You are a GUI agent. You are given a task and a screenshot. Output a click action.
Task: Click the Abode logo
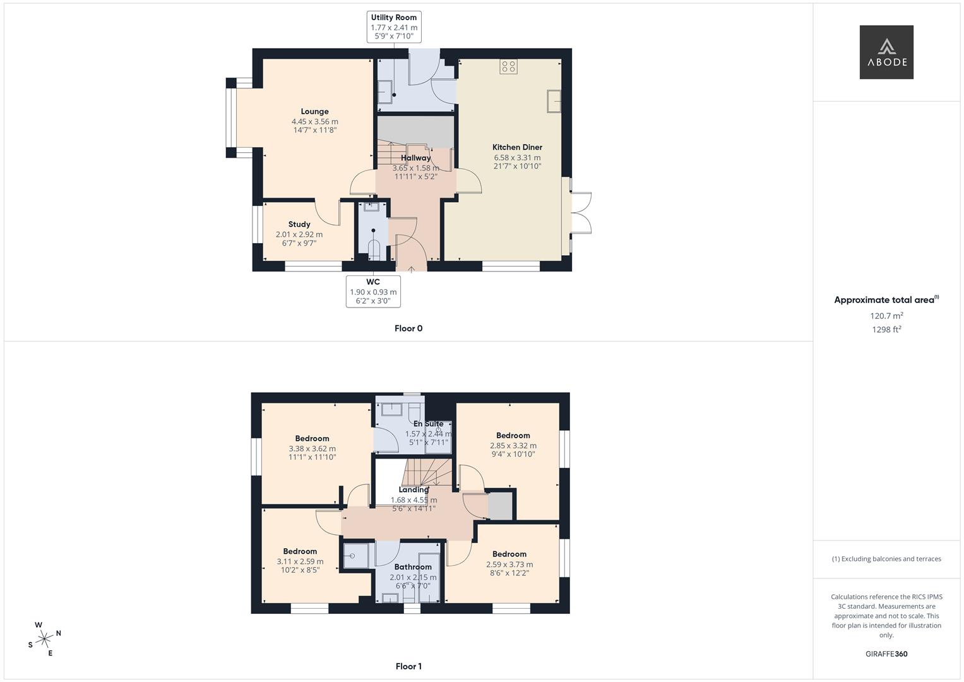click(886, 52)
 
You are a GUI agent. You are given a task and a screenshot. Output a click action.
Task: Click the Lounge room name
click(314, 112)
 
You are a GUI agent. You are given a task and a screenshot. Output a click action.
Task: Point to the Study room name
click(299, 224)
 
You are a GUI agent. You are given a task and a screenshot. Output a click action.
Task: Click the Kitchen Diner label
click(517, 147)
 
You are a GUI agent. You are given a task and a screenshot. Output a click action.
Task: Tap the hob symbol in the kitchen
click(508, 66)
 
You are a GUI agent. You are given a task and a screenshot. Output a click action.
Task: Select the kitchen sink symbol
click(554, 101)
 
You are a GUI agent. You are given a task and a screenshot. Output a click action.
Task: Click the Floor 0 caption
click(408, 328)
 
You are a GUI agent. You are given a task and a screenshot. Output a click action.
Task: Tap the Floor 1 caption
click(408, 666)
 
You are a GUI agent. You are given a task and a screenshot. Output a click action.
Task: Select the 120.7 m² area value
click(886, 316)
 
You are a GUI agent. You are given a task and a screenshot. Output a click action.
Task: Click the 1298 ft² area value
click(886, 330)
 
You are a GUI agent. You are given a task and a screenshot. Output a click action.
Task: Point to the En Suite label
click(428, 424)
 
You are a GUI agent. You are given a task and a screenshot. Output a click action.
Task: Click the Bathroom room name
click(413, 567)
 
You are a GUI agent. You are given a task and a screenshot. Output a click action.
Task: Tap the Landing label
click(414, 490)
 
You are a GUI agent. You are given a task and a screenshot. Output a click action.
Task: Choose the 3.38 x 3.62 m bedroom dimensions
click(312, 449)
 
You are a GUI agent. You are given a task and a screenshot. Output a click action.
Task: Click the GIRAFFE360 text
click(886, 654)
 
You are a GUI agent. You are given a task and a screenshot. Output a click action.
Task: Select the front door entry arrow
click(411, 268)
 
